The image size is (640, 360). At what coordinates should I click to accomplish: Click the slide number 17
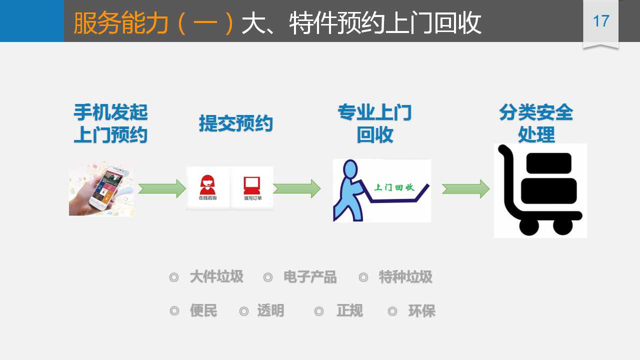click(600, 21)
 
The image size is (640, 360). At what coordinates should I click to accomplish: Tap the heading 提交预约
click(235, 123)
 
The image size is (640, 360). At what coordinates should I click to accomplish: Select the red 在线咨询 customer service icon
click(207, 184)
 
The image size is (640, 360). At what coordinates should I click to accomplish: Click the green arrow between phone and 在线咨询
click(162, 188)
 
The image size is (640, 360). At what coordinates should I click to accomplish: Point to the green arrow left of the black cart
click(465, 188)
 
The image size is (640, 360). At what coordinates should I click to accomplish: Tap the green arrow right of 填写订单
click(296, 188)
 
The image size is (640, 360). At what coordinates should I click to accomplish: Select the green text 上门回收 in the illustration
click(395, 187)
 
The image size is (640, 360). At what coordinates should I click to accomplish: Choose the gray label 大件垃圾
click(216, 276)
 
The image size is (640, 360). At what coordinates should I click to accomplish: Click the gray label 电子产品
click(310, 276)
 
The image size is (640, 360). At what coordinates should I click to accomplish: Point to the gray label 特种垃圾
click(405, 276)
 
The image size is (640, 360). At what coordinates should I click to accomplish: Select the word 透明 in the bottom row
click(270, 311)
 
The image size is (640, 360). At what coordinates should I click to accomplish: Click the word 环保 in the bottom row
click(421, 311)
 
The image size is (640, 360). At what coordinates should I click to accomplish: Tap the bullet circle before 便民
click(174, 311)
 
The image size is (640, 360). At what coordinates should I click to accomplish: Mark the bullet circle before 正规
click(319, 311)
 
